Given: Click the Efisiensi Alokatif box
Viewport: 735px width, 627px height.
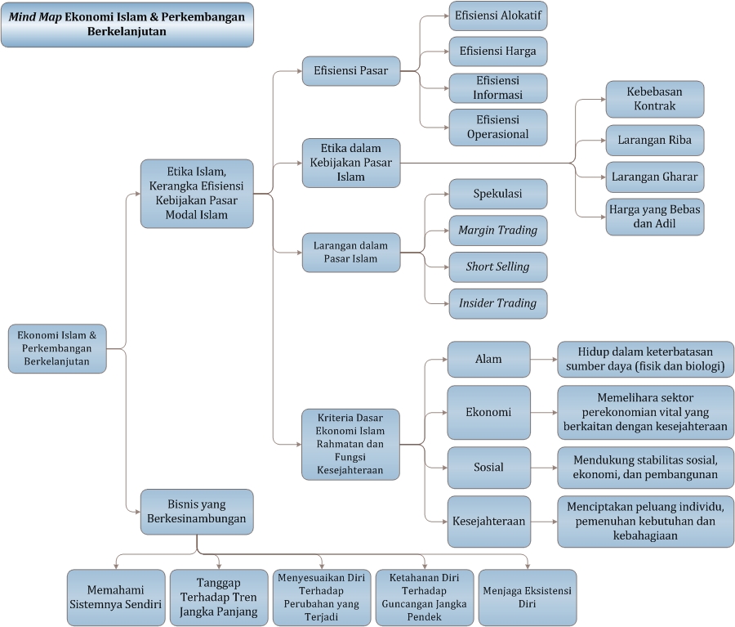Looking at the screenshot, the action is (x=498, y=16).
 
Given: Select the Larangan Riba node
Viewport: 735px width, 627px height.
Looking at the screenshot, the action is (x=654, y=141).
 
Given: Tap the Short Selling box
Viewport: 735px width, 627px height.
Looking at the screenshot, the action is (x=498, y=267).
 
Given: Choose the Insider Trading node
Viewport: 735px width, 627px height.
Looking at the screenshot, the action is (x=498, y=303).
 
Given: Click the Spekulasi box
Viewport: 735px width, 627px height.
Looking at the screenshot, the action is (x=498, y=194).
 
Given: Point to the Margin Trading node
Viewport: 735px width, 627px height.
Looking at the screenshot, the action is (x=498, y=231).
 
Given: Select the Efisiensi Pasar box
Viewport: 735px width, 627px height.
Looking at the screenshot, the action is (x=351, y=71).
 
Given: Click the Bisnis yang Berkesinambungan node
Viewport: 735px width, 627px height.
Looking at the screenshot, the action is (x=197, y=512).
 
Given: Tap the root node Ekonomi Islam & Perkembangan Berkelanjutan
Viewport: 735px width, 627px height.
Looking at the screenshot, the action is (x=57, y=349).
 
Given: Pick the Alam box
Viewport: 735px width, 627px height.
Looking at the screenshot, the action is (x=489, y=359).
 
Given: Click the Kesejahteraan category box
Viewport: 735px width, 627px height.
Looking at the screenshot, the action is (x=489, y=522).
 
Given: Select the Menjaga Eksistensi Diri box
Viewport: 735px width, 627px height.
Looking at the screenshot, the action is (x=528, y=598).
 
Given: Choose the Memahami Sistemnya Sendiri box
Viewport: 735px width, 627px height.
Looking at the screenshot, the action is (x=116, y=598).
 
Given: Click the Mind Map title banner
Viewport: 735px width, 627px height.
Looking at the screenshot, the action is (x=127, y=25).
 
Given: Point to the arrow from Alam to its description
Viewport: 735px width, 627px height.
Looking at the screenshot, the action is (x=544, y=360).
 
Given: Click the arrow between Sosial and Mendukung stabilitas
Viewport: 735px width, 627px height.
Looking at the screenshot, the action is (x=544, y=468).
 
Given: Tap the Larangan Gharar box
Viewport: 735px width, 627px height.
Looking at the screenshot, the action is (x=654, y=177).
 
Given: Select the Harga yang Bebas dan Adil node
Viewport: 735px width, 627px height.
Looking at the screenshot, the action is (x=654, y=217).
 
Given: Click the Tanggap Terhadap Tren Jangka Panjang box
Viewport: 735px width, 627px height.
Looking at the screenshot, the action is (x=219, y=598).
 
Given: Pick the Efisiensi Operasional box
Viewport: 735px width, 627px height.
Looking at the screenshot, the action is (x=498, y=128).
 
